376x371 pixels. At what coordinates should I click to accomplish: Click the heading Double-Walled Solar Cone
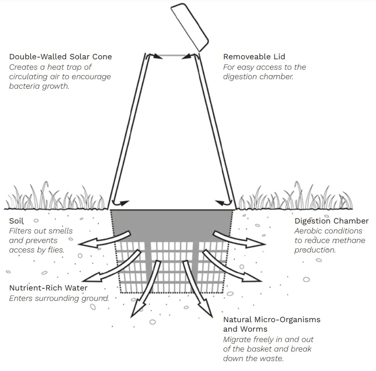61,57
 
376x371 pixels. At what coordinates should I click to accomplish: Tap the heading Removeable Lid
254,57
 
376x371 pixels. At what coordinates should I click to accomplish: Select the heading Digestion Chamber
331,221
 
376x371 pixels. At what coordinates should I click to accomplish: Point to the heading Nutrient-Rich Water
48,288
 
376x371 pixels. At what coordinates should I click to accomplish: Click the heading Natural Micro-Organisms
272,319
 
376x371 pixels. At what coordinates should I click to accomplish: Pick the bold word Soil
16,221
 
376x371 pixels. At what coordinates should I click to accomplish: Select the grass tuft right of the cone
289,198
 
